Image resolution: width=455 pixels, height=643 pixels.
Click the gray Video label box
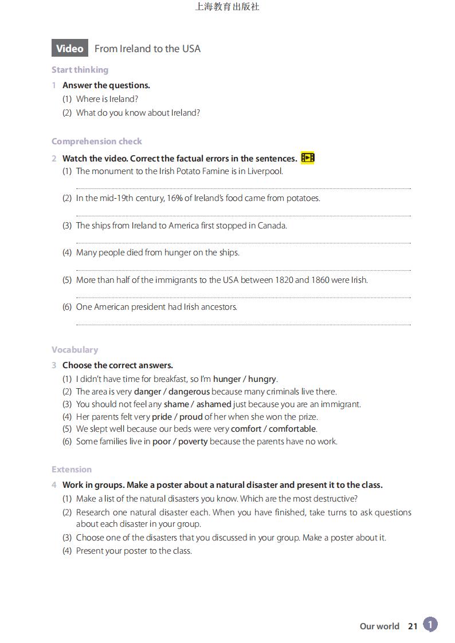(70, 49)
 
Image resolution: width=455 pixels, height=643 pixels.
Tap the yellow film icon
(308, 158)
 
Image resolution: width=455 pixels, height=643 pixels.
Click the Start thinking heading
(80, 70)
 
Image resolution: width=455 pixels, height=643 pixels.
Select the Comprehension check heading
(96, 141)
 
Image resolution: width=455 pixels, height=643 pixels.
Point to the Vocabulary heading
(74, 350)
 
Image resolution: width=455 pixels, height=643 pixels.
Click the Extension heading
(72, 470)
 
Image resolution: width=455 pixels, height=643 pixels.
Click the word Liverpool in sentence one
(265, 171)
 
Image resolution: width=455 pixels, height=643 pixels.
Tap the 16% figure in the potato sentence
(175, 198)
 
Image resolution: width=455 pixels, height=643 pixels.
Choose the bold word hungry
(262, 379)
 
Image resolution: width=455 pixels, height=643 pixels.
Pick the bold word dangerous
(189, 392)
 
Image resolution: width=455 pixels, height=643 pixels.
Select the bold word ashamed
(214, 404)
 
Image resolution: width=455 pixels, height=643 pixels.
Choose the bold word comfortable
(292, 429)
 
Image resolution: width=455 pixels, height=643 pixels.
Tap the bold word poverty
(193, 441)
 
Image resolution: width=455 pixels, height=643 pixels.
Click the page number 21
(413, 626)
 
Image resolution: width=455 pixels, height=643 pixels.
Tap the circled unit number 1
(430, 625)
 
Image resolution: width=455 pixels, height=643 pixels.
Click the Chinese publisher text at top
(227, 7)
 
